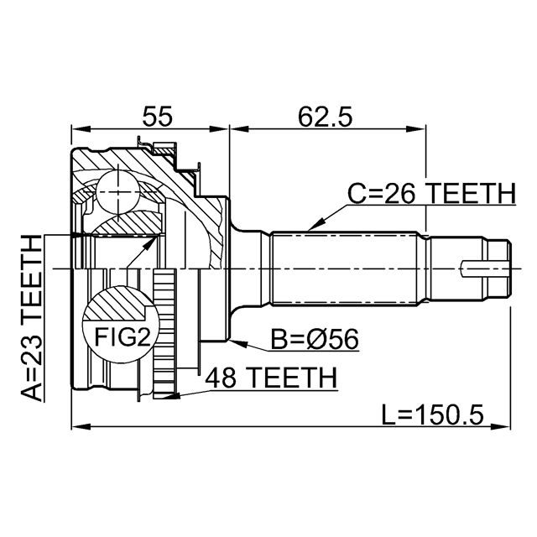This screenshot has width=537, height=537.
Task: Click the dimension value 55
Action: [x=157, y=115]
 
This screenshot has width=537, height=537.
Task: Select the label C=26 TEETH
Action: [x=431, y=194]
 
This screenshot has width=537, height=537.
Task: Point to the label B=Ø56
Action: [x=315, y=340]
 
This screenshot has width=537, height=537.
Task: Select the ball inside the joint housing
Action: [x=115, y=192]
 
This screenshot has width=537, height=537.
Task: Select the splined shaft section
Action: [x=344, y=268]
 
